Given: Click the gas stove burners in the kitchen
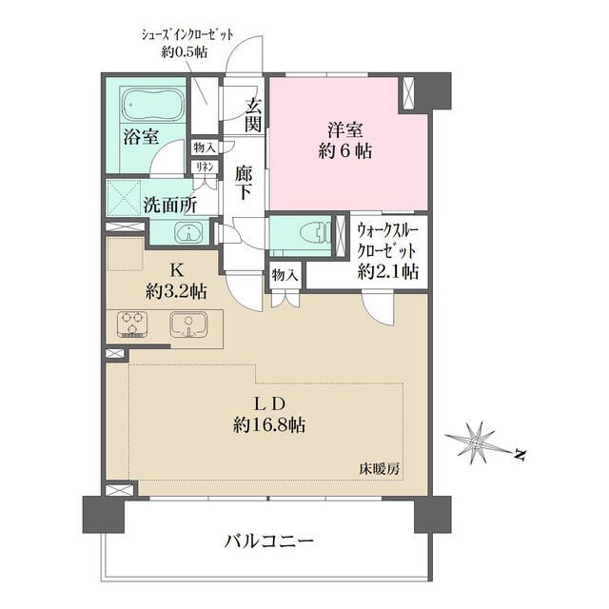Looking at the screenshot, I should tap(130, 324).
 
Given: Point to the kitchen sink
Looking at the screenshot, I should tap(187, 325).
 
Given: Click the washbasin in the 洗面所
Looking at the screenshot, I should tap(188, 232).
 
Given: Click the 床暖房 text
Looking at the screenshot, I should tap(379, 469).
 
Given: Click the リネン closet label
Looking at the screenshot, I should tap(204, 167).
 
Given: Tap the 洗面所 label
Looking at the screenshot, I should tap(171, 204).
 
